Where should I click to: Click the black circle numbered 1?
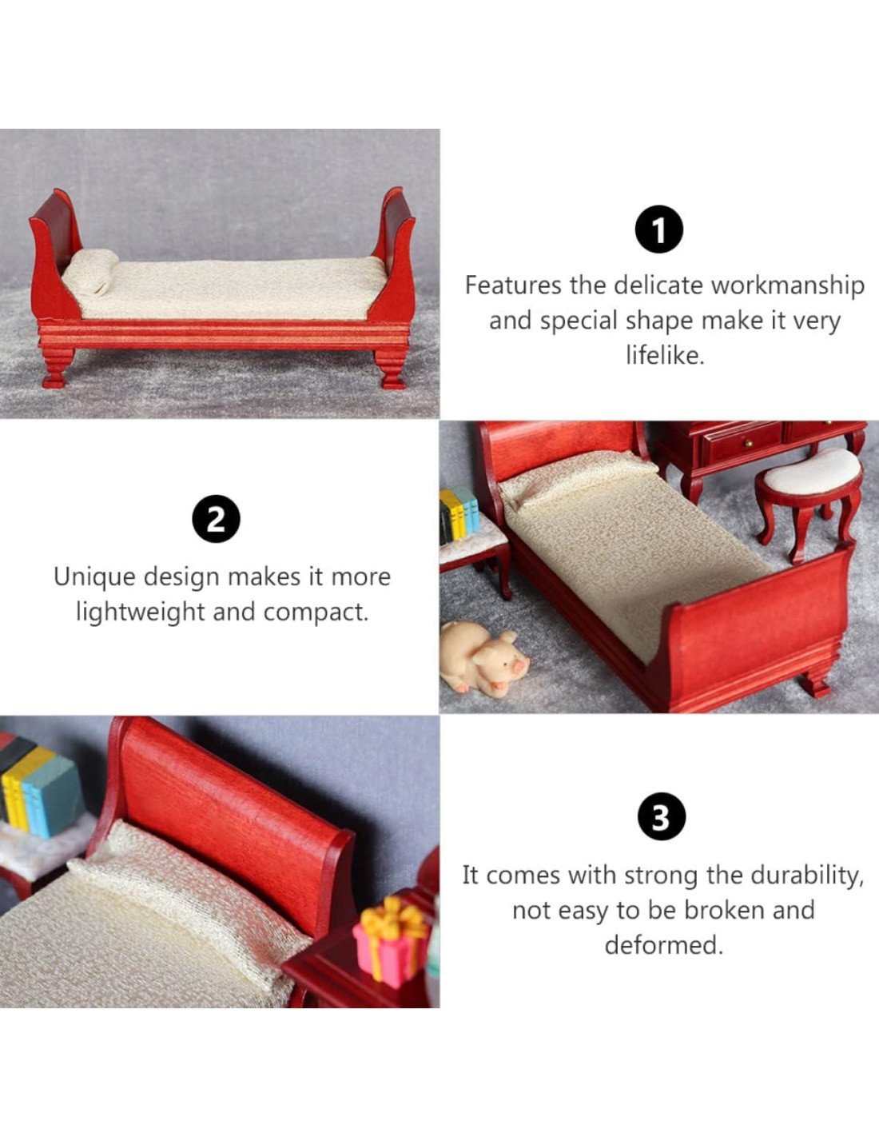coord(659,229)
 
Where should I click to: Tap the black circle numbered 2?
coord(216,519)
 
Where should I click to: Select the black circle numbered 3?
coord(662,817)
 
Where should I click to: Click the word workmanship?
coord(788,286)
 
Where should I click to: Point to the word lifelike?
coord(665,355)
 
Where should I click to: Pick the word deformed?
coord(663,945)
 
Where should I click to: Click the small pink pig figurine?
coord(483,656)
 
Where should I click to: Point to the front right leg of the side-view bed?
coord(392,369)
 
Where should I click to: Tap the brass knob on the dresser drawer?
coord(749,445)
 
